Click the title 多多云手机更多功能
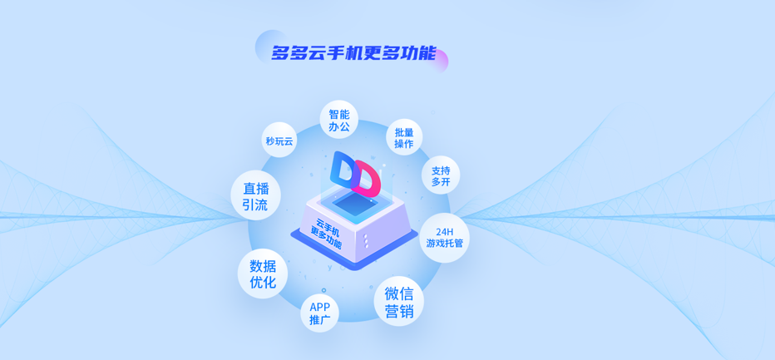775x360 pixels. click(354, 53)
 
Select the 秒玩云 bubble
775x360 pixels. click(279, 141)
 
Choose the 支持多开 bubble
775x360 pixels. click(441, 176)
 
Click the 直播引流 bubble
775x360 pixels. click(255, 196)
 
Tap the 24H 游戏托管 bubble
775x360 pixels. click(444, 238)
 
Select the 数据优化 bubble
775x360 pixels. click(263, 274)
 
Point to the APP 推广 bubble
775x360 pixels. click(320, 313)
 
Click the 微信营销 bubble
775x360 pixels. click(398, 301)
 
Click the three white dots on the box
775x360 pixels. click(366, 241)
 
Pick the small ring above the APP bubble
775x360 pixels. click(323, 290)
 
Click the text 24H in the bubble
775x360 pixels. click(444, 232)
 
